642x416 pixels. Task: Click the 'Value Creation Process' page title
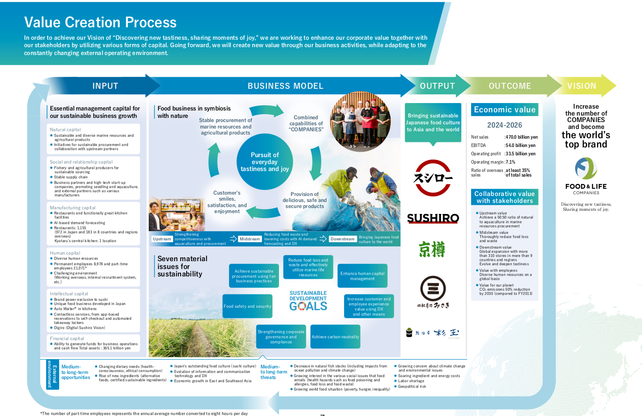100,22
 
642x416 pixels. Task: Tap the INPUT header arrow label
105,86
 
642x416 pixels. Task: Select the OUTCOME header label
510,86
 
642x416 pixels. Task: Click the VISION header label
581,86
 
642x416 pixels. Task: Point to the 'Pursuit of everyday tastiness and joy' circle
265,162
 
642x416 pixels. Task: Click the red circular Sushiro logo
433,178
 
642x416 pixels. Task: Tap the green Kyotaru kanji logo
432,249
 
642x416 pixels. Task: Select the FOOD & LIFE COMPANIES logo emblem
586,168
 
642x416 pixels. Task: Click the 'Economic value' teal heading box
505,110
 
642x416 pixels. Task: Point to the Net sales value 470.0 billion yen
521,137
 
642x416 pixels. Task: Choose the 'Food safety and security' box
248,306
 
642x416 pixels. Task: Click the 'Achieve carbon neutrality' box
335,337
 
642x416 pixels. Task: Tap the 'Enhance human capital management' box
363,276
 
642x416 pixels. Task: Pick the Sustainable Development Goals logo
308,301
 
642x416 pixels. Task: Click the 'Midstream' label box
249,239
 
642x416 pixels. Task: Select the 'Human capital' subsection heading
65,253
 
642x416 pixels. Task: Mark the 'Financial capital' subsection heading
67,338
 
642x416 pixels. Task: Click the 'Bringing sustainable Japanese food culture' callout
433,122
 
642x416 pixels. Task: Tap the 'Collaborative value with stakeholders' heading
505,197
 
